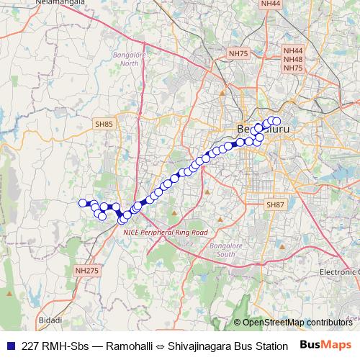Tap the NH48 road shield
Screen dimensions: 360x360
tap(293, 59)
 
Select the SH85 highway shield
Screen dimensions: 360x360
tap(104, 125)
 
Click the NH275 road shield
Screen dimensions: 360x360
tap(86, 270)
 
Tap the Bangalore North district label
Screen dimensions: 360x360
tap(129, 59)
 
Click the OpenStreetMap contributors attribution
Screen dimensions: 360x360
tap(297, 323)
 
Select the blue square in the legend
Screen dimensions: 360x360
tap(10, 345)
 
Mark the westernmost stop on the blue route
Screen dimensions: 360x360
tap(83, 203)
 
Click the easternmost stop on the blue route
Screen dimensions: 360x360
tap(277, 121)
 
